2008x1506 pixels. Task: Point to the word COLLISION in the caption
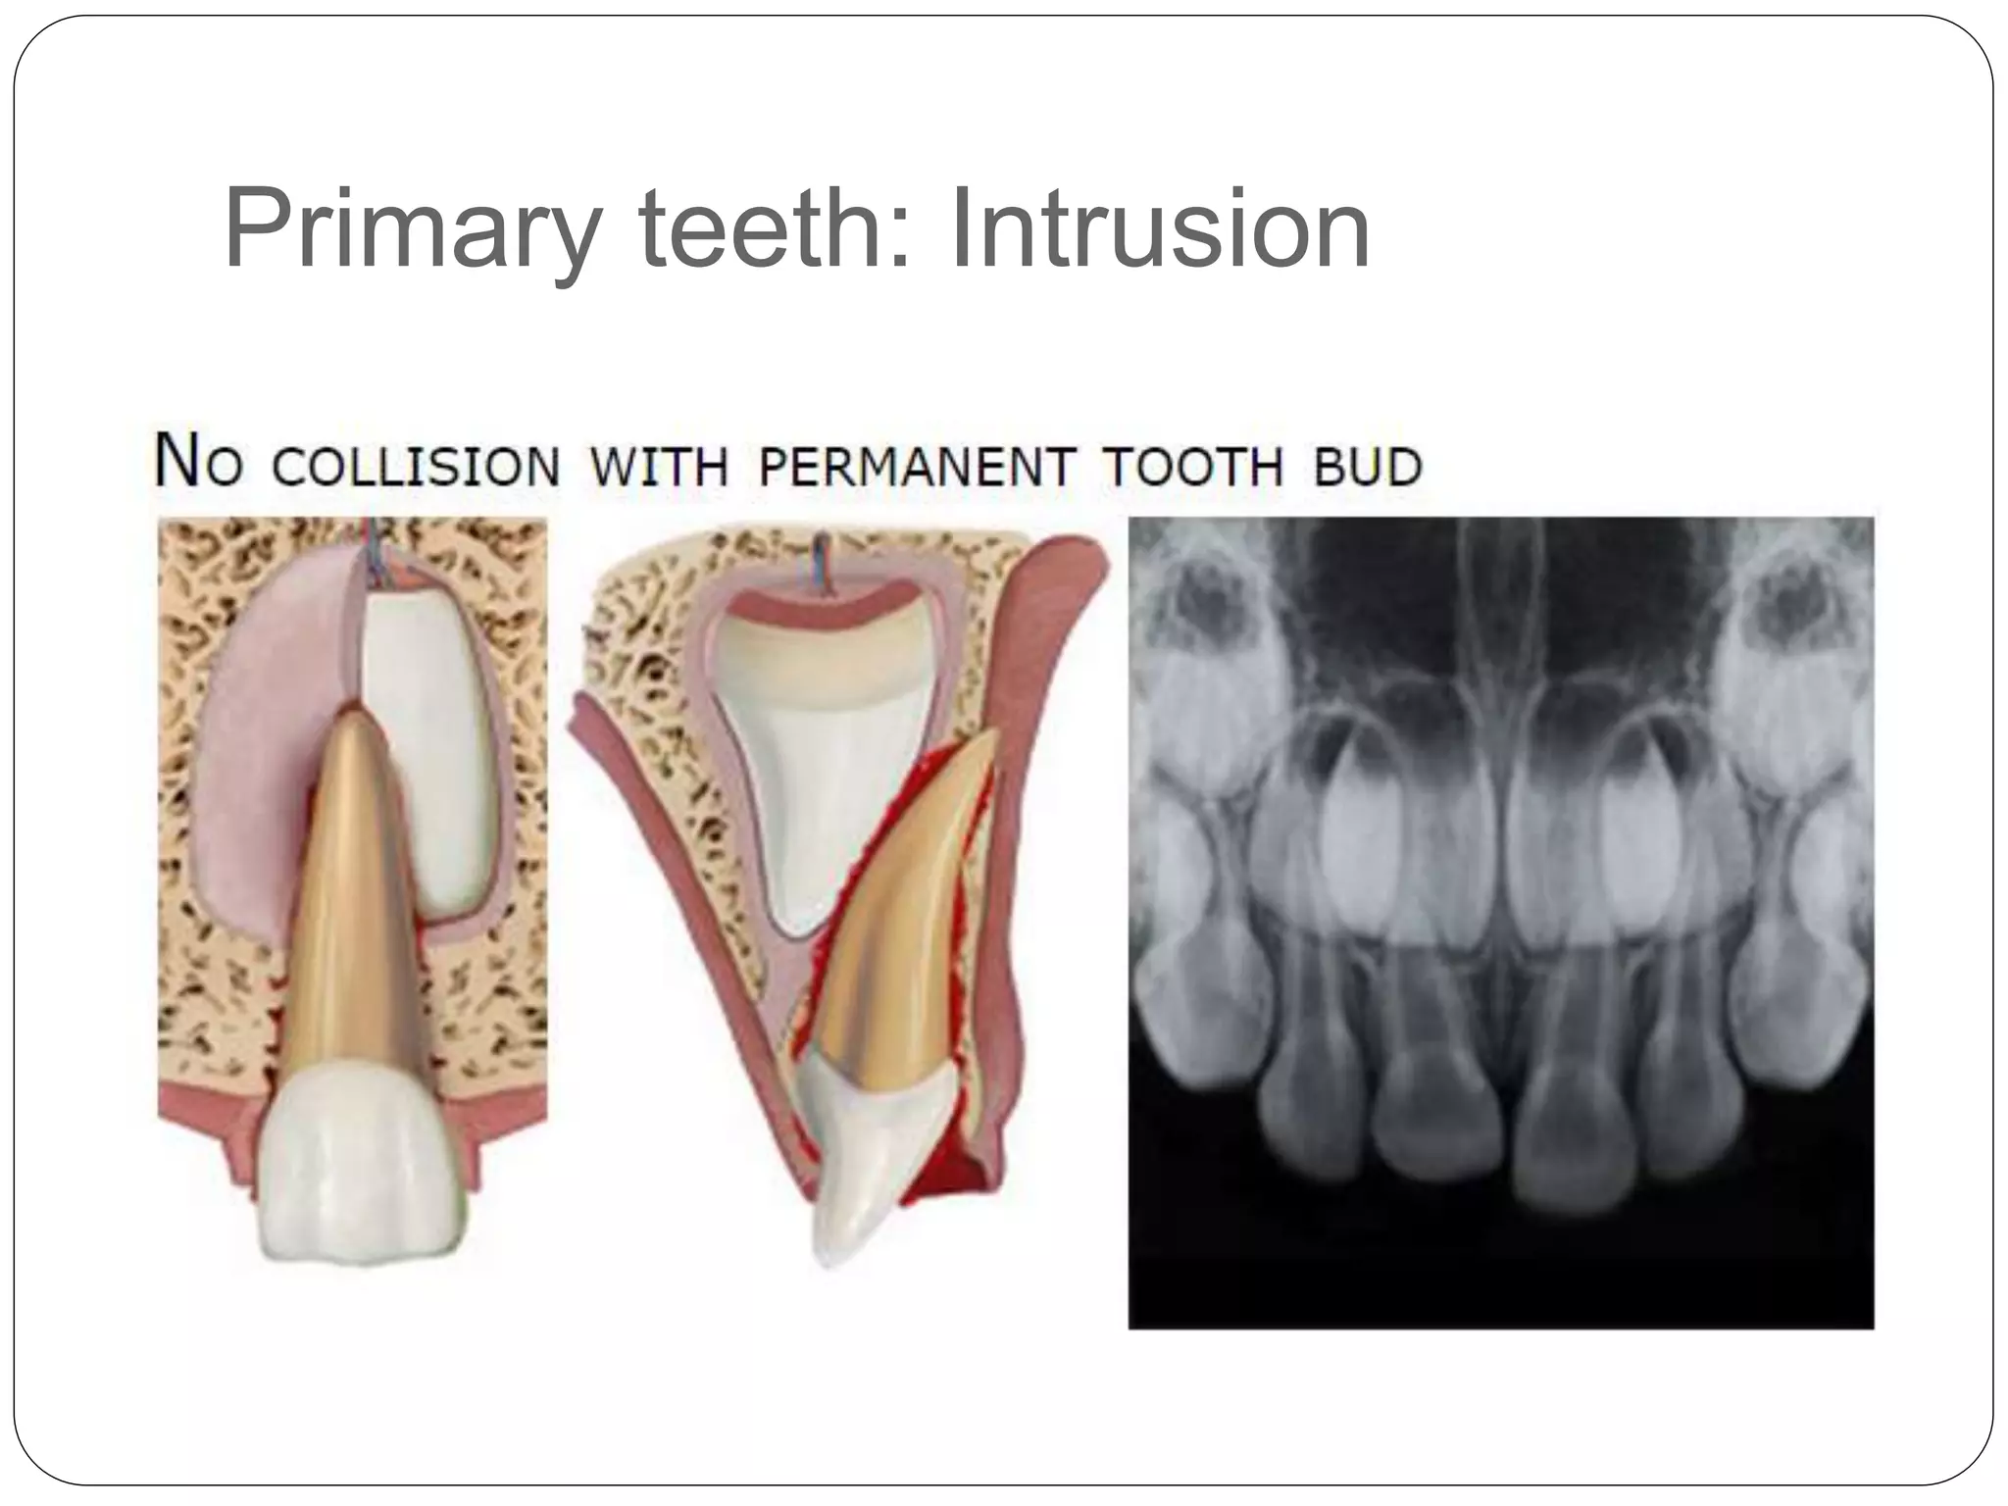pyautogui.click(x=416, y=467)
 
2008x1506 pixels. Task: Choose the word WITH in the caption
pyautogui.click(x=660, y=467)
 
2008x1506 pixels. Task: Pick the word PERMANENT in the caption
pyautogui.click(x=916, y=467)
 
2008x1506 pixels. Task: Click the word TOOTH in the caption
pyautogui.click(x=1191, y=467)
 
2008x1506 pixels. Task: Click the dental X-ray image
pyautogui.click(x=1500, y=922)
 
